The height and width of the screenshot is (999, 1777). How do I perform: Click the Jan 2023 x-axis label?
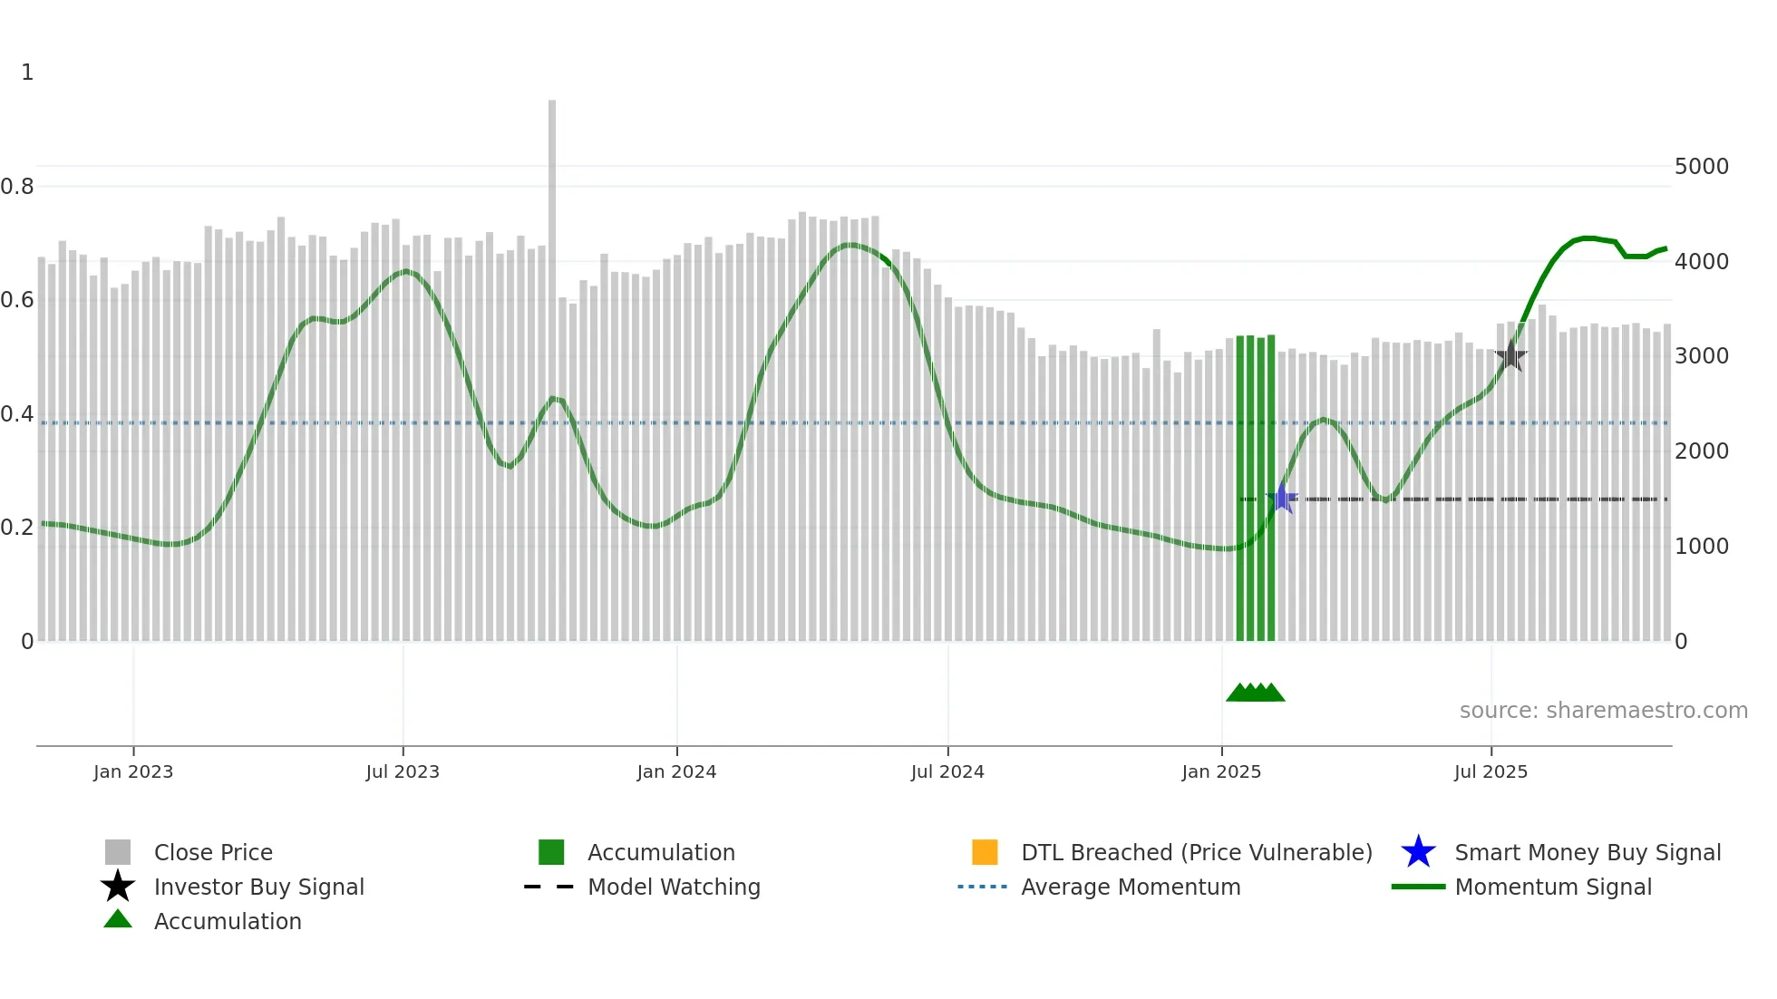tap(132, 771)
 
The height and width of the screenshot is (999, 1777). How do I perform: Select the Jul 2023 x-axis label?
tap(403, 771)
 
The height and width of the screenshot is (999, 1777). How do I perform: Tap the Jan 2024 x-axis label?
tap(676, 771)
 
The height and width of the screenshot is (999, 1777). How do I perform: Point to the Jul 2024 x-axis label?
tap(947, 771)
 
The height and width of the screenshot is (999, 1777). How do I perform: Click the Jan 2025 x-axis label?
tap(1221, 771)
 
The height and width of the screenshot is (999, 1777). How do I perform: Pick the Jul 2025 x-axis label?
tap(1491, 771)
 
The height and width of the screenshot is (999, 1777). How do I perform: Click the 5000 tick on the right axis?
tap(1701, 167)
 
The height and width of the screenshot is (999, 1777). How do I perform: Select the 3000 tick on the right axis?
tap(1701, 356)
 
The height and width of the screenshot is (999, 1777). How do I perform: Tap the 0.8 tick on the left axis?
tap(17, 187)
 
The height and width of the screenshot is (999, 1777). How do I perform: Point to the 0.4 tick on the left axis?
tap(17, 414)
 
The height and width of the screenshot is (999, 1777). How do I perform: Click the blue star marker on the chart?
tap(1282, 499)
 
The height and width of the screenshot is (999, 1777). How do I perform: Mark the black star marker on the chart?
tap(1510, 356)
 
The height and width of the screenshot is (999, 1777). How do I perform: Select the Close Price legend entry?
tap(213, 852)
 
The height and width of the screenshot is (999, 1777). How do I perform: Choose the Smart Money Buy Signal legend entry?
tap(1588, 852)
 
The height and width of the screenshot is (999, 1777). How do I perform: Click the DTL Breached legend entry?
tap(1196, 852)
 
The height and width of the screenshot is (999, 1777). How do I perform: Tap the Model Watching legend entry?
tap(674, 887)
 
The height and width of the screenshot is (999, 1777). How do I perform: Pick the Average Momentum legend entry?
tap(1131, 887)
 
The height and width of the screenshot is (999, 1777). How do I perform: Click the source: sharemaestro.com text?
tap(1603, 711)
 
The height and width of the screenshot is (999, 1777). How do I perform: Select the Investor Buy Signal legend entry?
tap(258, 887)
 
